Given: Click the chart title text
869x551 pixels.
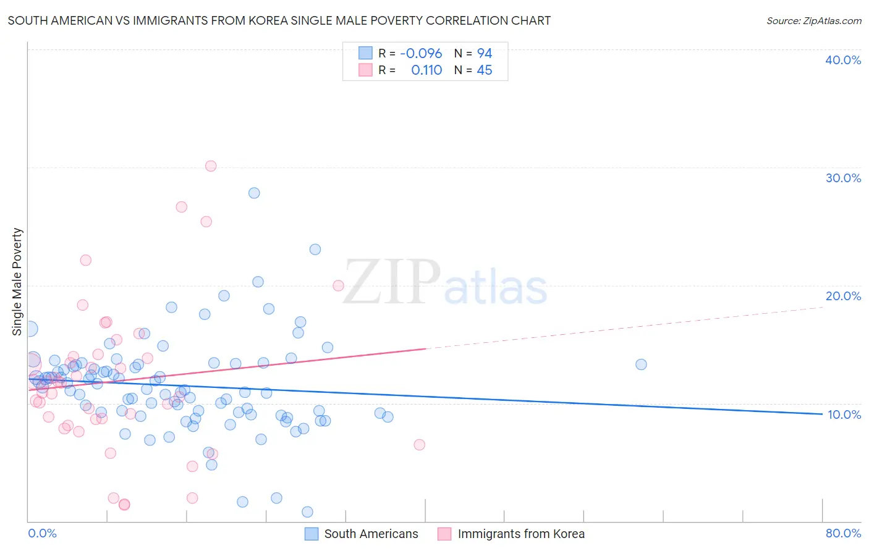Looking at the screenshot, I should click(279, 20).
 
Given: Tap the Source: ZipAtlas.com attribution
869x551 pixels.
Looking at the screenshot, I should click(813, 20).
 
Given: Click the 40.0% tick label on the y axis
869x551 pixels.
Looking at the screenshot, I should click(842, 60).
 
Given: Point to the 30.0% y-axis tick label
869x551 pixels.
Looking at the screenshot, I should click(842, 178).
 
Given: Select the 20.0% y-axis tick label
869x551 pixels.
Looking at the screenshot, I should click(842, 296).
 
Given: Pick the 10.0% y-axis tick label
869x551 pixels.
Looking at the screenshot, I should click(844, 414).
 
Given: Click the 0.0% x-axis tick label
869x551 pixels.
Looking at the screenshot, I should click(42, 533).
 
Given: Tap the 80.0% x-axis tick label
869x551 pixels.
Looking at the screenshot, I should click(843, 533).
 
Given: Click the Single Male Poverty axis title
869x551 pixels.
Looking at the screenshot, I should click(17, 282).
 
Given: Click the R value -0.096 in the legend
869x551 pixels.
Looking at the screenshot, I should click(421, 53).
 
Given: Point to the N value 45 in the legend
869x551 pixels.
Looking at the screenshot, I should click(484, 70).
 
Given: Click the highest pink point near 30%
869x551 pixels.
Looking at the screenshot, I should click(211, 166).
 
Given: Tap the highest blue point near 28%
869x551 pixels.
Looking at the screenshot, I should click(254, 193).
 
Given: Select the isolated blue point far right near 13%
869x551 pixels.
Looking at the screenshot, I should click(641, 364).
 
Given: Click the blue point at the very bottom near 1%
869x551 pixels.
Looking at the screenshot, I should click(307, 512).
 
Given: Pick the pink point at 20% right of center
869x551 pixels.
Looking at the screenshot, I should click(338, 285).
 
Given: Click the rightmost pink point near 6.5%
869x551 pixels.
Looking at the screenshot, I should click(419, 445).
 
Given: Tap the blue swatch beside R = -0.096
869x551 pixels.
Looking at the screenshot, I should click(365, 53).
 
